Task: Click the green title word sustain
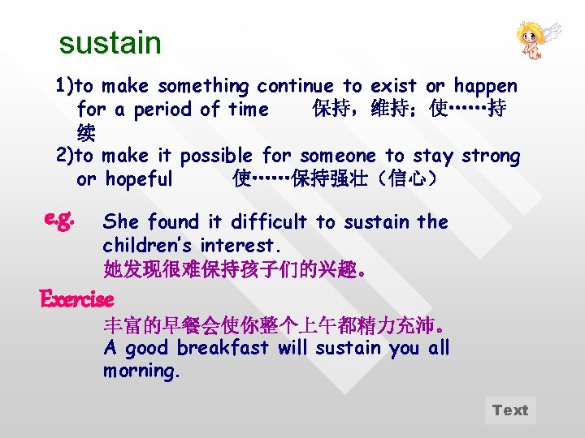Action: [110, 43]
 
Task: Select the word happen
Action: [485, 86]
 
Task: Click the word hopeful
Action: [139, 179]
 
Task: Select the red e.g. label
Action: [62, 218]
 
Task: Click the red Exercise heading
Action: [77, 299]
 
